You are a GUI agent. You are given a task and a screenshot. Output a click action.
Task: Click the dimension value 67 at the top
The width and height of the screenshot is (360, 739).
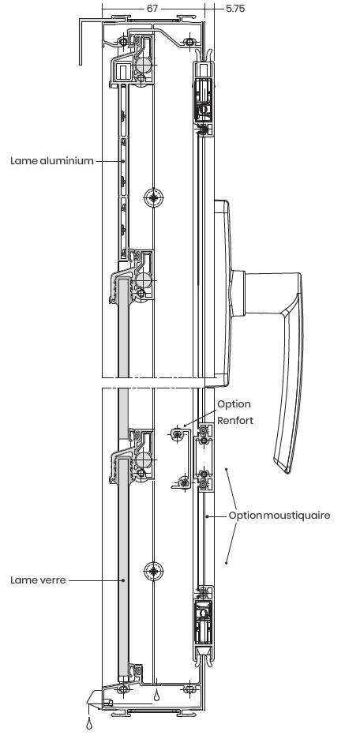pyautogui.click(x=152, y=9)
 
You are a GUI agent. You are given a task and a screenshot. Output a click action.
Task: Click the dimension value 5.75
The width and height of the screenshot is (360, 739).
pyautogui.click(x=235, y=9)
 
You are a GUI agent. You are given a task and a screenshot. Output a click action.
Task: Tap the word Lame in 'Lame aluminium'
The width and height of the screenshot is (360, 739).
pyautogui.click(x=24, y=161)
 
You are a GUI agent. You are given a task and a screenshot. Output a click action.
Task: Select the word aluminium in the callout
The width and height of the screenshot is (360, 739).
pyautogui.click(x=67, y=161)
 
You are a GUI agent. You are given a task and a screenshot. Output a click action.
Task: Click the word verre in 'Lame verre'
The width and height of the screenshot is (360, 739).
pyautogui.click(x=52, y=580)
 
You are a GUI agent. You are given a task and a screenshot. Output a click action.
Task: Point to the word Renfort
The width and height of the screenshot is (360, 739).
pyautogui.click(x=235, y=420)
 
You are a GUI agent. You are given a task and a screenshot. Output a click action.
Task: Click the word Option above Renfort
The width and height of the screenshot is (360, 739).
pyautogui.click(x=234, y=404)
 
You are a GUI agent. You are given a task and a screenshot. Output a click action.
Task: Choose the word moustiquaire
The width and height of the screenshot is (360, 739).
pyautogui.click(x=296, y=515)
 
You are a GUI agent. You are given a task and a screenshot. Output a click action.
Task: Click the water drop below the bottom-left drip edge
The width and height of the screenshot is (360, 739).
pyautogui.click(x=89, y=723)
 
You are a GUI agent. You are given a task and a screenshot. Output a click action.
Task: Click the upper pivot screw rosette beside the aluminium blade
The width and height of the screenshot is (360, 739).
pyautogui.click(x=154, y=198)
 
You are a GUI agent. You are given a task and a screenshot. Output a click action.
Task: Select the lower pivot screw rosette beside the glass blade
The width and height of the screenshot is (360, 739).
pyautogui.click(x=154, y=572)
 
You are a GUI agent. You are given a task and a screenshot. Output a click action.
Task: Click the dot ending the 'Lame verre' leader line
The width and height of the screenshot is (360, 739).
pyautogui.click(x=123, y=580)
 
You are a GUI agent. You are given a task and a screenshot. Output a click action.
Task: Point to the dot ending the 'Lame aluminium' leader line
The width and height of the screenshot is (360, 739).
pyautogui.click(x=123, y=161)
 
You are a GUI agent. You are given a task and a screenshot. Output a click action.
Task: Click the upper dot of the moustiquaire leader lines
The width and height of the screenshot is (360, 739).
pyautogui.click(x=226, y=469)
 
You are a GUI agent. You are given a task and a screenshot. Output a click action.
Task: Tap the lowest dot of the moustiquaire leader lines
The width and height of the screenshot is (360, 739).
pyautogui.click(x=226, y=563)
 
